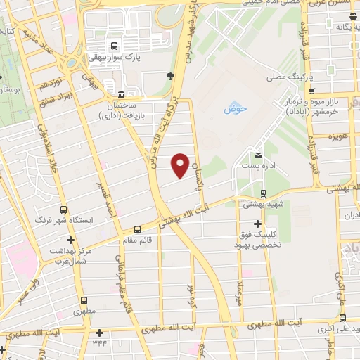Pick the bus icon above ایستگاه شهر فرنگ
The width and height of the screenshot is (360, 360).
point(64,210)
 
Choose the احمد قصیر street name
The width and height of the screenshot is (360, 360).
point(109,200)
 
